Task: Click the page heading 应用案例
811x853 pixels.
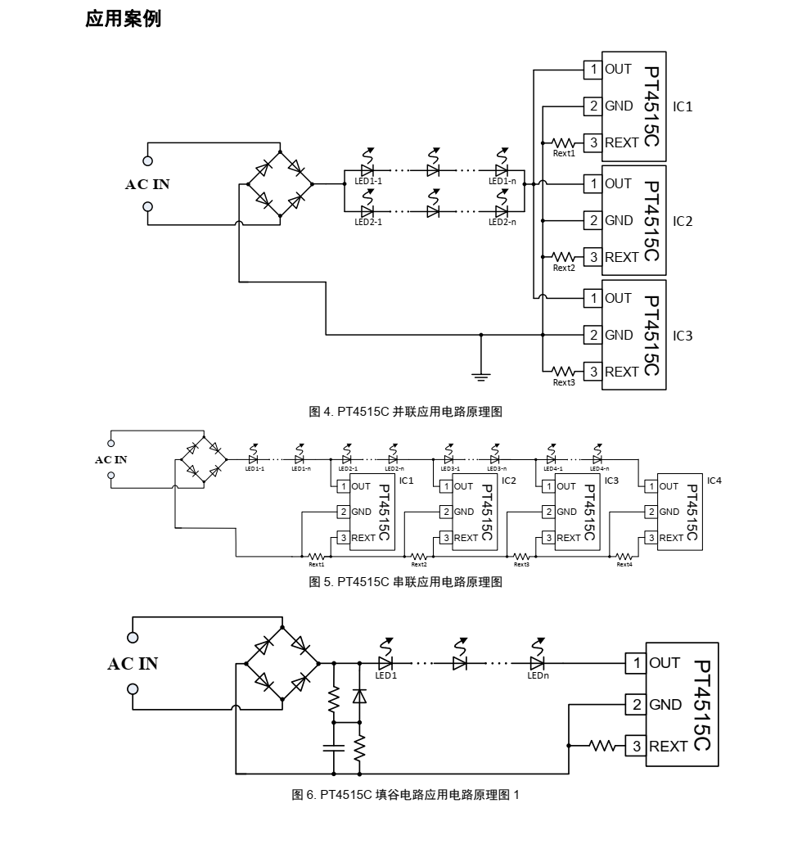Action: click(x=123, y=20)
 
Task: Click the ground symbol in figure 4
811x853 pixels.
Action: click(x=480, y=376)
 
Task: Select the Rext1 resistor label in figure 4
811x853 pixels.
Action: click(x=564, y=153)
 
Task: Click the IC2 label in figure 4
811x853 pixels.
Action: click(x=683, y=222)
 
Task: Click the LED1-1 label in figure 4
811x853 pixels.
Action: click(x=367, y=181)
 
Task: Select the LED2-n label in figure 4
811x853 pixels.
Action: click(x=502, y=222)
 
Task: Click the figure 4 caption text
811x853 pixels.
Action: click(x=404, y=413)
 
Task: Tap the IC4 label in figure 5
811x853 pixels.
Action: click(x=714, y=480)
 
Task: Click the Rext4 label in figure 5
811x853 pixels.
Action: click(x=624, y=564)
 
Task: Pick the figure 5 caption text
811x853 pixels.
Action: click(x=404, y=582)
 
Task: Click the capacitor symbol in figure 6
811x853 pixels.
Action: click(x=333, y=747)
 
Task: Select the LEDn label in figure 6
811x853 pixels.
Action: click(x=538, y=676)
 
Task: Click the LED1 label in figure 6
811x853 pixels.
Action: click(x=385, y=676)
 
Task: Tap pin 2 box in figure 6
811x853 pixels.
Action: click(x=636, y=704)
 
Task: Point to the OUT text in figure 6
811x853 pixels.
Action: click(x=665, y=662)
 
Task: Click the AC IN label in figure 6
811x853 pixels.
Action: click(x=133, y=663)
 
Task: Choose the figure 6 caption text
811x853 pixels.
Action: click(x=406, y=795)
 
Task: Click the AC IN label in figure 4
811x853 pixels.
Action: click(x=147, y=184)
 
